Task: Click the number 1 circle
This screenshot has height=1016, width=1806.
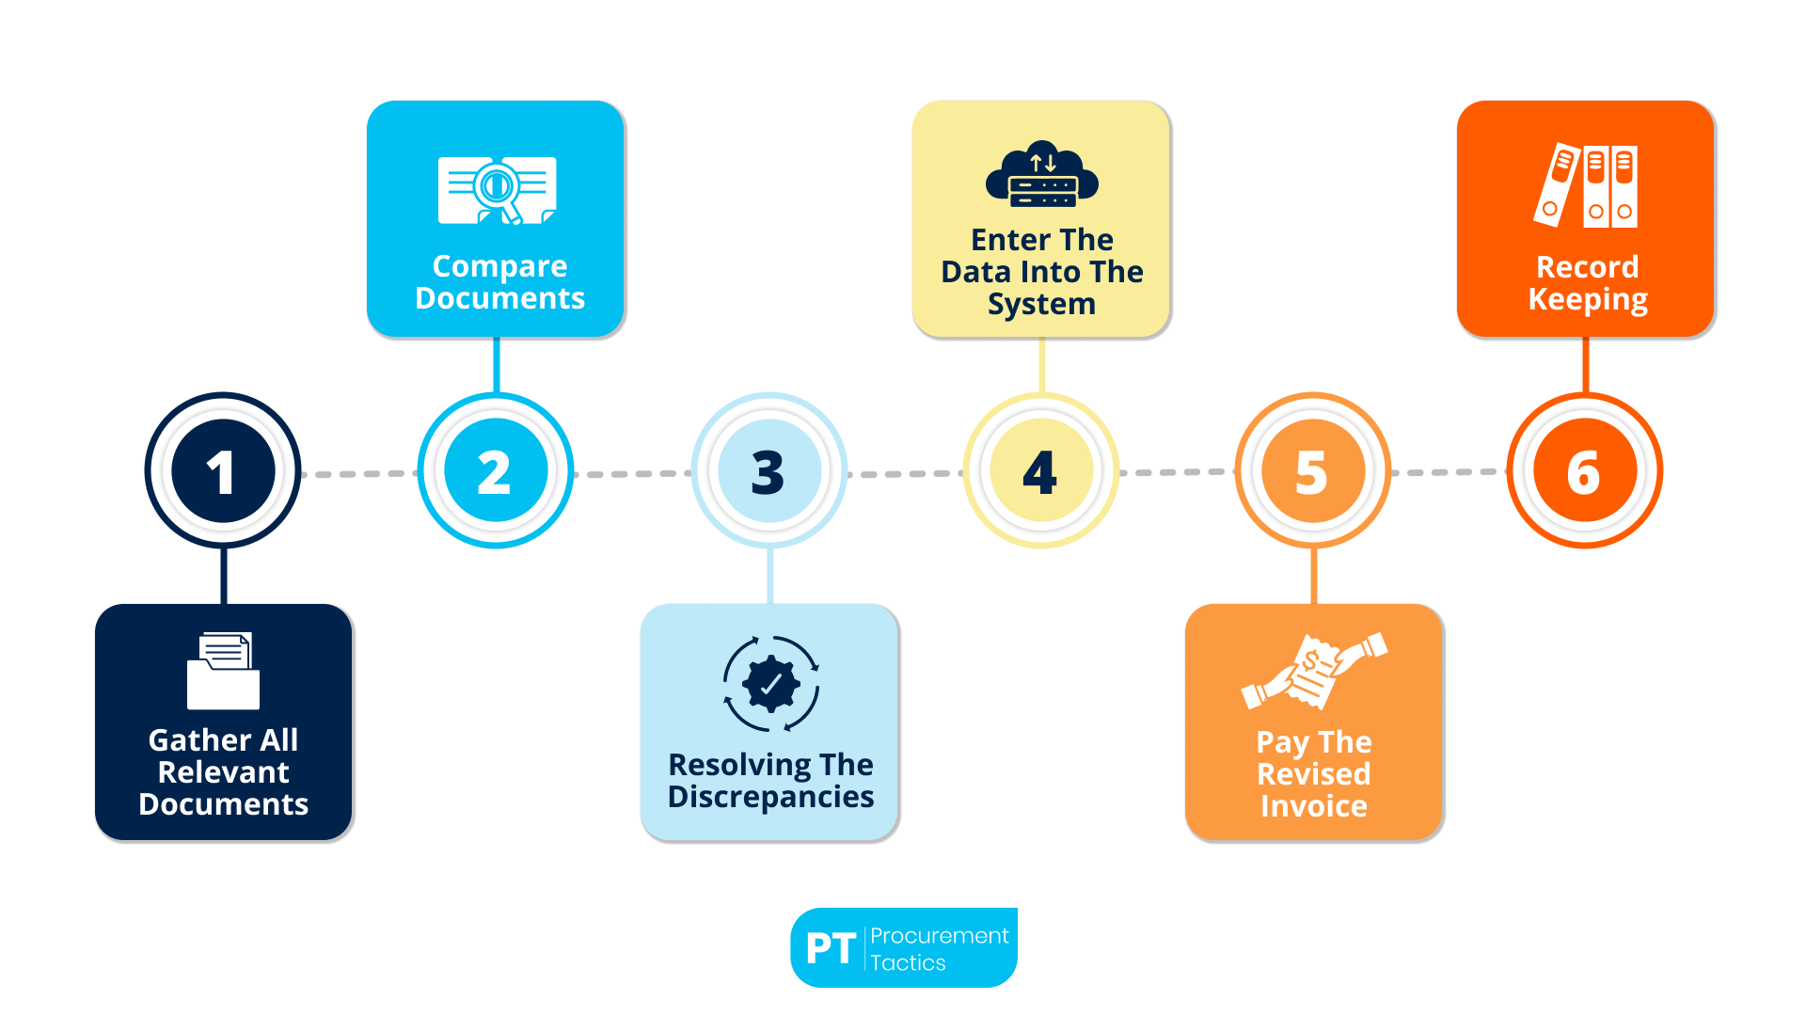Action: click(223, 470)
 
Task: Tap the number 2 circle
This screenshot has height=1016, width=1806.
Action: click(496, 470)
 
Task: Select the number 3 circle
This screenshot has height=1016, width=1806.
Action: click(768, 470)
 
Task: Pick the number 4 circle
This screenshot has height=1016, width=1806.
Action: click(1040, 470)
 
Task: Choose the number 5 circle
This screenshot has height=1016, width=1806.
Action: click(1313, 470)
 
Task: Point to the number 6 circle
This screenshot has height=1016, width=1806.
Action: click(1585, 470)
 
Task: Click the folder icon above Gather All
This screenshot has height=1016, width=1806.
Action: click(223, 671)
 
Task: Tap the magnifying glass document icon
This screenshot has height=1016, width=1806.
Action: click(497, 190)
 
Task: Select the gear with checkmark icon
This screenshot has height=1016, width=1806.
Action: click(771, 684)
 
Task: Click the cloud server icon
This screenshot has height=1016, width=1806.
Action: click(1042, 175)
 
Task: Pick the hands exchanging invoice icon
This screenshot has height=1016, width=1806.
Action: click(1314, 671)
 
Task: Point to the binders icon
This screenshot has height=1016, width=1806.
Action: click(1587, 185)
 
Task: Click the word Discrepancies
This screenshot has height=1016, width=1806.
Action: click(770, 797)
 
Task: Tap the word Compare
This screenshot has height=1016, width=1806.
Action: click(499, 266)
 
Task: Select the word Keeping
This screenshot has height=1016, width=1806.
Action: click(1588, 299)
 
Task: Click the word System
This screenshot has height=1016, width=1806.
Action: click(1041, 304)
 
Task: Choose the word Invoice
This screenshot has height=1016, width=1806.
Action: click(1314, 806)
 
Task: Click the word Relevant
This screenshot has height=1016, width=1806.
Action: click(223, 772)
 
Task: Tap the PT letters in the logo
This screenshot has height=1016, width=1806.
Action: click(831, 948)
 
